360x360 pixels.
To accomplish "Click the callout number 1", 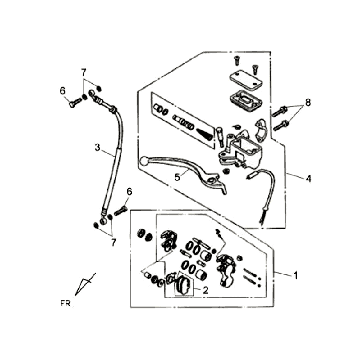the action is coord(295,276).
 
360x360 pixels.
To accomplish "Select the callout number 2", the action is coord(205,290).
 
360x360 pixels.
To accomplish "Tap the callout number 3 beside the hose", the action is coord(97,147).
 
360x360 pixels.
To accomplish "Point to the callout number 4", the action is coord(309,179).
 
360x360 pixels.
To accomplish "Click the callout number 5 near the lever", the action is coord(177,177).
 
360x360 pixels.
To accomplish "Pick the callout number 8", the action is coord(308,103).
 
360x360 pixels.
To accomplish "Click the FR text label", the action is coord(66,303).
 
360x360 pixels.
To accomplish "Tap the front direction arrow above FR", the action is coord(85,284).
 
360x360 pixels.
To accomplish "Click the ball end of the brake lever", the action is coord(144,161).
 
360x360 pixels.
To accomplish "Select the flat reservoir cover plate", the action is coord(245,81).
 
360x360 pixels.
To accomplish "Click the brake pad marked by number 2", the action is coord(183,286).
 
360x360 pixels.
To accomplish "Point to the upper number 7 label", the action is coord(83,72).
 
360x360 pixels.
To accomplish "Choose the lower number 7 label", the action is coord(113,243).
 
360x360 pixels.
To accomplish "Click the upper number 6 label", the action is coord(62,91).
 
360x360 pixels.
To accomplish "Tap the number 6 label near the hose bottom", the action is coord(129,192).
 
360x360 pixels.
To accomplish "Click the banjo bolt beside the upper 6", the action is coord(76,102).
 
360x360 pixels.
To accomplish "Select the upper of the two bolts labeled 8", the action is coord(280,111).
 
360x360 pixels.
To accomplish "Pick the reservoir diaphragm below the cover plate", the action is coord(246,98).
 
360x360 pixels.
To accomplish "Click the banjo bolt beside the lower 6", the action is coord(121,210).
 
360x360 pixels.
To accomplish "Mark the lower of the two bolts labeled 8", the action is coord(281,126).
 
